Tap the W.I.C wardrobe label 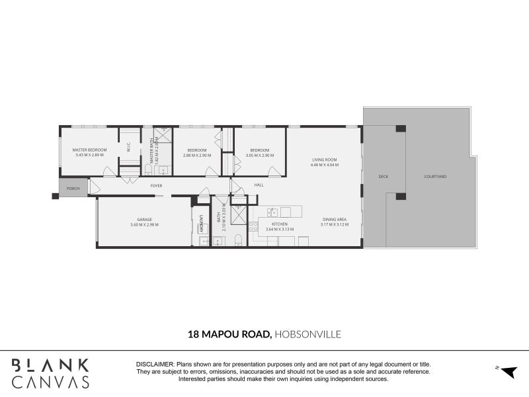tap(129, 150)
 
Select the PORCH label tap(73, 189)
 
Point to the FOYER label tap(156, 186)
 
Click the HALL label tap(259, 185)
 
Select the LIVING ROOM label tap(325, 159)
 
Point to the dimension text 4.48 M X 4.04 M tap(325, 165)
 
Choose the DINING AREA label tap(335, 220)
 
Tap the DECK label tap(383, 177)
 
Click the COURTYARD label tap(435, 177)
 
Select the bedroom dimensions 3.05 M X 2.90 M tap(259, 155)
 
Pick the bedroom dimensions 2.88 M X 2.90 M tap(196, 155)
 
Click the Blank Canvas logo tap(50, 373)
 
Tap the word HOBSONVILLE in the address tap(308, 335)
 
